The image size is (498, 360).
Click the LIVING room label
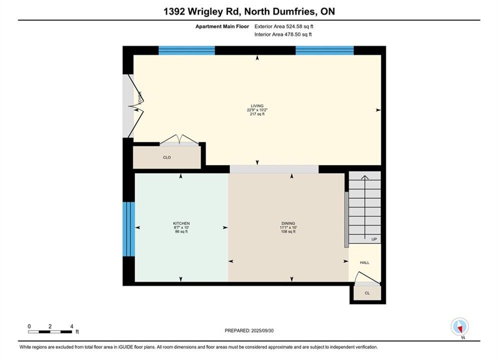point(257,106)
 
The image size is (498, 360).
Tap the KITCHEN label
point(181,223)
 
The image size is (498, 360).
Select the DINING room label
point(288,223)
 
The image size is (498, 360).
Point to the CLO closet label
point(167,157)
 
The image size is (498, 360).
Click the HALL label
point(364,262)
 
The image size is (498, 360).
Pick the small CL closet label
point(367,293)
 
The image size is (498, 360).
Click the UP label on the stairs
point(374,239)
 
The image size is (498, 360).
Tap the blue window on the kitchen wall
point(129,229)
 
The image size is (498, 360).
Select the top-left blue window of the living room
point(187,50)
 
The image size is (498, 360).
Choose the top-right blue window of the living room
point(325,50)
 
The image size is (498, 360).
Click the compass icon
point(459,326)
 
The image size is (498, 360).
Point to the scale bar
point(50,332)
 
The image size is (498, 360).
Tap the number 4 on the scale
point(72,326)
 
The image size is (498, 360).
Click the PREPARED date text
point(249,330)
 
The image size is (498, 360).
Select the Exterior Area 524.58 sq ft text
point(284,26)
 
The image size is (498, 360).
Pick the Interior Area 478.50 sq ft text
point(283,34)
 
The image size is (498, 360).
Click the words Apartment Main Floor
point(222,26)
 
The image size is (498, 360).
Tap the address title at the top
point(249,11)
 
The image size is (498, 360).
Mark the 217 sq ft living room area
point(257,114)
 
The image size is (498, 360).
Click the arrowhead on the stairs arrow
point(364,177)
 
